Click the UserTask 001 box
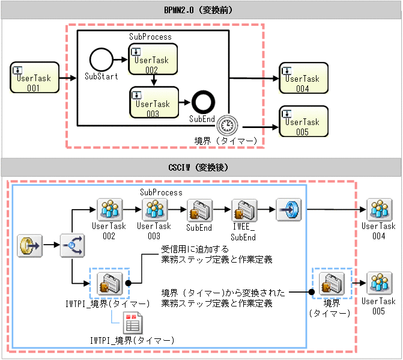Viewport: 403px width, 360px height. (35, 78)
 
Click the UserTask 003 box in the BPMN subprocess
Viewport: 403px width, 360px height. (154, 103)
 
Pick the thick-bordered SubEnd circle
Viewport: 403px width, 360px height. (203, 103)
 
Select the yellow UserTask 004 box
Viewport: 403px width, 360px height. (303, 78)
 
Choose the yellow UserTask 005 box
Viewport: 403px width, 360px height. (303, 121)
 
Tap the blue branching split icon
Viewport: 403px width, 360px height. (71, 245)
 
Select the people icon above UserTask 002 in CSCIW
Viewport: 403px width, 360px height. (109, 210)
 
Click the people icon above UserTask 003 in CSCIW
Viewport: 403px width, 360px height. (155, 210)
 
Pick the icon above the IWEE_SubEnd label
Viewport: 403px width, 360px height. (244, 210)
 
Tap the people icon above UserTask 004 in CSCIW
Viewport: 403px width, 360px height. (378, 210)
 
